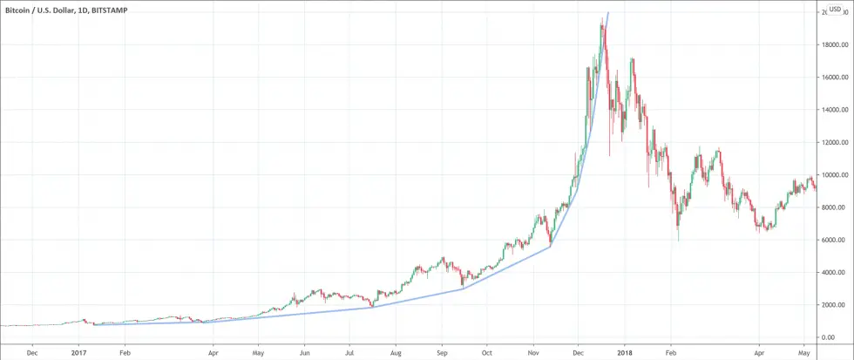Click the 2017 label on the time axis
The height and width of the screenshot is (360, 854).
click(78, 353)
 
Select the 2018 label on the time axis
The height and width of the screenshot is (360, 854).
click(623, 353)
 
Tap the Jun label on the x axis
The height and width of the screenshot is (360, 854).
click(304, 353)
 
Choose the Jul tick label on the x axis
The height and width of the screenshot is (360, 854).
click(349, 353)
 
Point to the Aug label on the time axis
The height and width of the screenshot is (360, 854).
click(396, 353)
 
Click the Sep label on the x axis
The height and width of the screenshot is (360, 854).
click(442, 353)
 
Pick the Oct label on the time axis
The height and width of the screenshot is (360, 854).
click(486, 353)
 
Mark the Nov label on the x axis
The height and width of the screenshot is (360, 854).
click(532, 353)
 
